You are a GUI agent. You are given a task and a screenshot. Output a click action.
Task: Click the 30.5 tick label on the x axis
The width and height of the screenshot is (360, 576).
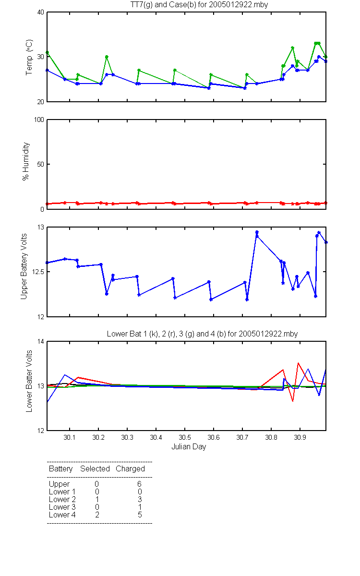tap(185, 437)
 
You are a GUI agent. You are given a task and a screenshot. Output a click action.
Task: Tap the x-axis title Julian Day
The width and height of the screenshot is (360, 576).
tap(189, 447)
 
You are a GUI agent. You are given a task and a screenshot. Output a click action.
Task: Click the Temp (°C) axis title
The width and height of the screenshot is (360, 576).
tap(29, 57)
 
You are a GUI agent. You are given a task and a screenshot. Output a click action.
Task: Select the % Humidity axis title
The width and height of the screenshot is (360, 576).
tap(26, 161)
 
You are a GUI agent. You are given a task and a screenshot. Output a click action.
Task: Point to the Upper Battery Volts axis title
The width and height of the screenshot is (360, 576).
tap(24, 266)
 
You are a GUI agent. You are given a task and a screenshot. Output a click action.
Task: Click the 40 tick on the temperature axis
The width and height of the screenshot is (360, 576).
tap(41, 12)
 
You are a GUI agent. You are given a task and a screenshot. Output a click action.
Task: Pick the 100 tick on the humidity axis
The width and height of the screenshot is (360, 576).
tap(39, 120)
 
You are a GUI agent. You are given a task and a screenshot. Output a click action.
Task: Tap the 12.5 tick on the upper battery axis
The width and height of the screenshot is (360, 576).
tap(38, 272)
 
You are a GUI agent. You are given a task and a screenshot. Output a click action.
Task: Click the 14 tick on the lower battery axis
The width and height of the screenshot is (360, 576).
tap(41, 341)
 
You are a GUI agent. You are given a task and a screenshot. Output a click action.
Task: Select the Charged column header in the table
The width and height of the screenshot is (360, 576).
tap(130, 468)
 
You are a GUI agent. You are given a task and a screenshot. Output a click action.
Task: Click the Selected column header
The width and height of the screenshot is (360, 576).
tap(95, 468)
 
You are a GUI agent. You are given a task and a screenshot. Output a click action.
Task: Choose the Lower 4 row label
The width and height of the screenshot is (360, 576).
tap(62, 515)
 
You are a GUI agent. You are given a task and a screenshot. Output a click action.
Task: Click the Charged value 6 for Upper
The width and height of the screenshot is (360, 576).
tap(139, 484)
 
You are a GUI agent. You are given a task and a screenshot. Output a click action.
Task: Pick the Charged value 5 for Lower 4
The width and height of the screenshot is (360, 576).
tap(140, 515)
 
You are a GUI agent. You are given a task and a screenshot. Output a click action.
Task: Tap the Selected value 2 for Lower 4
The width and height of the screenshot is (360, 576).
tap(97, 515)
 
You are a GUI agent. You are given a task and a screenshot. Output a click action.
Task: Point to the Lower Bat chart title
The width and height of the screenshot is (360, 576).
tap(202, 334)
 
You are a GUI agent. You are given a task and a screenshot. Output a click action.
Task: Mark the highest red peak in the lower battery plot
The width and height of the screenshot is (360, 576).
tap(298, 363)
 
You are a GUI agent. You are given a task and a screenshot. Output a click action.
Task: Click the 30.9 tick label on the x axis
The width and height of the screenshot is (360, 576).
tap(300, 437)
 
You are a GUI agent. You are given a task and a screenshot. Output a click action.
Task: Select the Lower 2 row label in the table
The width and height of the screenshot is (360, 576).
tap(62, 499)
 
